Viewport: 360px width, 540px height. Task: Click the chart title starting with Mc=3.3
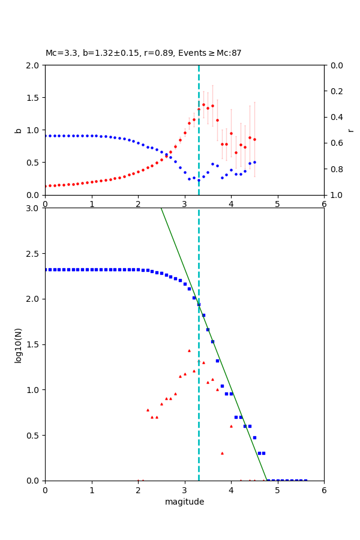[x=143, y=53]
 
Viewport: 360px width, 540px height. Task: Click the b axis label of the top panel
[x=18, y=130]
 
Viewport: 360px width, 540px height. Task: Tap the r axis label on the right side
[x=351, y=130]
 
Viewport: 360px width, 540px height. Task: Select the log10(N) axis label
[x=18, y=344]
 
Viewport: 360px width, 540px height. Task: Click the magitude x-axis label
[x=184, y=502]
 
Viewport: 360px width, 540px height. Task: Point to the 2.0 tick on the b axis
[x=35, y=65]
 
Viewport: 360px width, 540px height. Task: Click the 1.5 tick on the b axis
[x=35, y=98]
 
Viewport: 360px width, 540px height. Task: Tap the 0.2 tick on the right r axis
[x=334, y=91]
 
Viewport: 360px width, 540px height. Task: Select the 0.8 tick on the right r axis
[x=334, y=169]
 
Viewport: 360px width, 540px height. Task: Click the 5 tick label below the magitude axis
[x=277, y=490]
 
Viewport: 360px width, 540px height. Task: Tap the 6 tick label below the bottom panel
[x=324, y=490]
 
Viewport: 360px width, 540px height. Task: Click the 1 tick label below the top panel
[x=91, y=204]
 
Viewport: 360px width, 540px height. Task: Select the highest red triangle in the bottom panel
[x=189, y=350]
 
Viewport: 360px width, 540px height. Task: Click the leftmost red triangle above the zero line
[x=148, y=410]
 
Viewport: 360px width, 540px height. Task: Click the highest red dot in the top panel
[x=203, y=104]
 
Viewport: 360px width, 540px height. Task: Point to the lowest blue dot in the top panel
[x=199, y=180]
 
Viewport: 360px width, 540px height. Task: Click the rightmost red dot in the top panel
[x=254, y=139]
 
